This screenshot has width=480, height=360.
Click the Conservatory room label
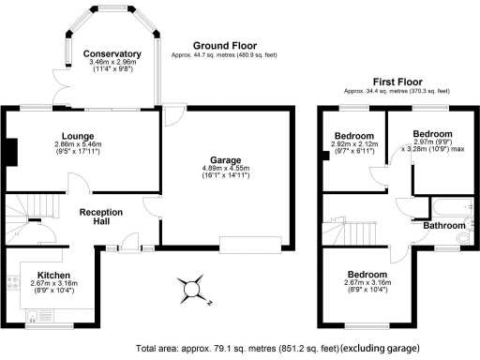tap(112, 53)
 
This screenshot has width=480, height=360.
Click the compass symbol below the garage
tap(194, 287)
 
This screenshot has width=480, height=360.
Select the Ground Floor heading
tap(225, 45)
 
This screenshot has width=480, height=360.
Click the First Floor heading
tap(397, 82)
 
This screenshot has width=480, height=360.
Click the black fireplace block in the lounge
tap(11, 150)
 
